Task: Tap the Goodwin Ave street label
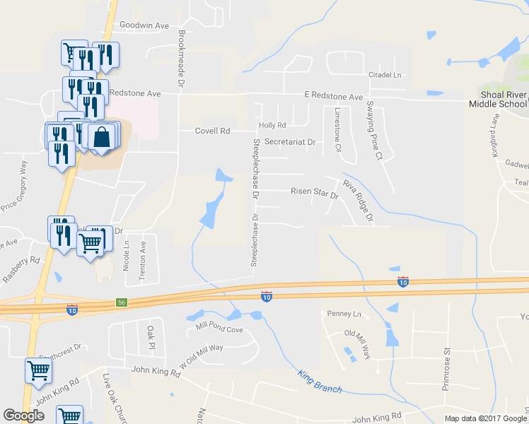click(x=144, y=25)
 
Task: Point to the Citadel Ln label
click(x=384, y=75)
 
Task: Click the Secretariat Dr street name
click(x=289, y=142)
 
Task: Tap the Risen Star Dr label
click(x=315, y=192)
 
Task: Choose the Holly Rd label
click(x=272, y=125)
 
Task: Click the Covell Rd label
click(x=213, y=131)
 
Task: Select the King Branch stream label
click(x=320, y=382)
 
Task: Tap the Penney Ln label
click(x=344, y=313)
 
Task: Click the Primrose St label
click(x=446, y=369)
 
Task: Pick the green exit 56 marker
click(x=121, y=302)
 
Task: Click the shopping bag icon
click(x=102, y=137)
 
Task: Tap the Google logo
click(x=23, y=416)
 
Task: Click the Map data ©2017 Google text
click(x=484, y=418)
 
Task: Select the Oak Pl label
click(x=150, y=336)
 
